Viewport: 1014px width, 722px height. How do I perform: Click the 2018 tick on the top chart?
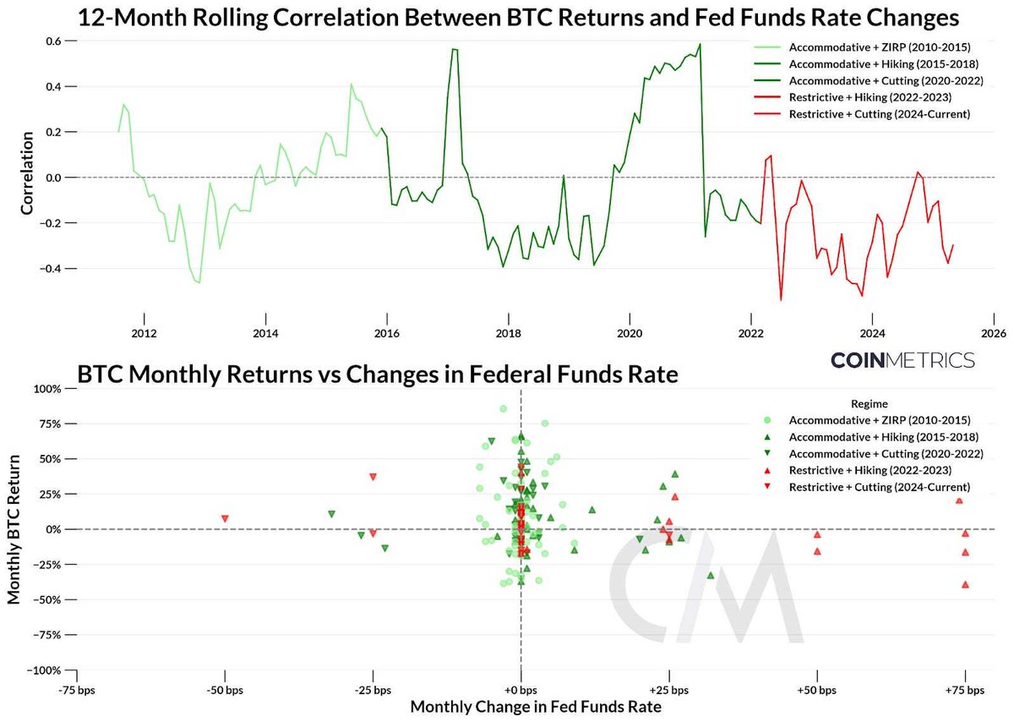[508, 334]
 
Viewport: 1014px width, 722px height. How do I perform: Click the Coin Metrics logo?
[902, 359]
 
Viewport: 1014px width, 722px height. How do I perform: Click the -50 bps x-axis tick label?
[225, 690]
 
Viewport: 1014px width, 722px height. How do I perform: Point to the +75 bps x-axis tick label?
[964, 690]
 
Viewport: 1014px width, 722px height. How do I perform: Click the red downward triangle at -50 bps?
[225, 518]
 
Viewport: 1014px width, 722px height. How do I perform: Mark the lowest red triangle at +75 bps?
[965, 584]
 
